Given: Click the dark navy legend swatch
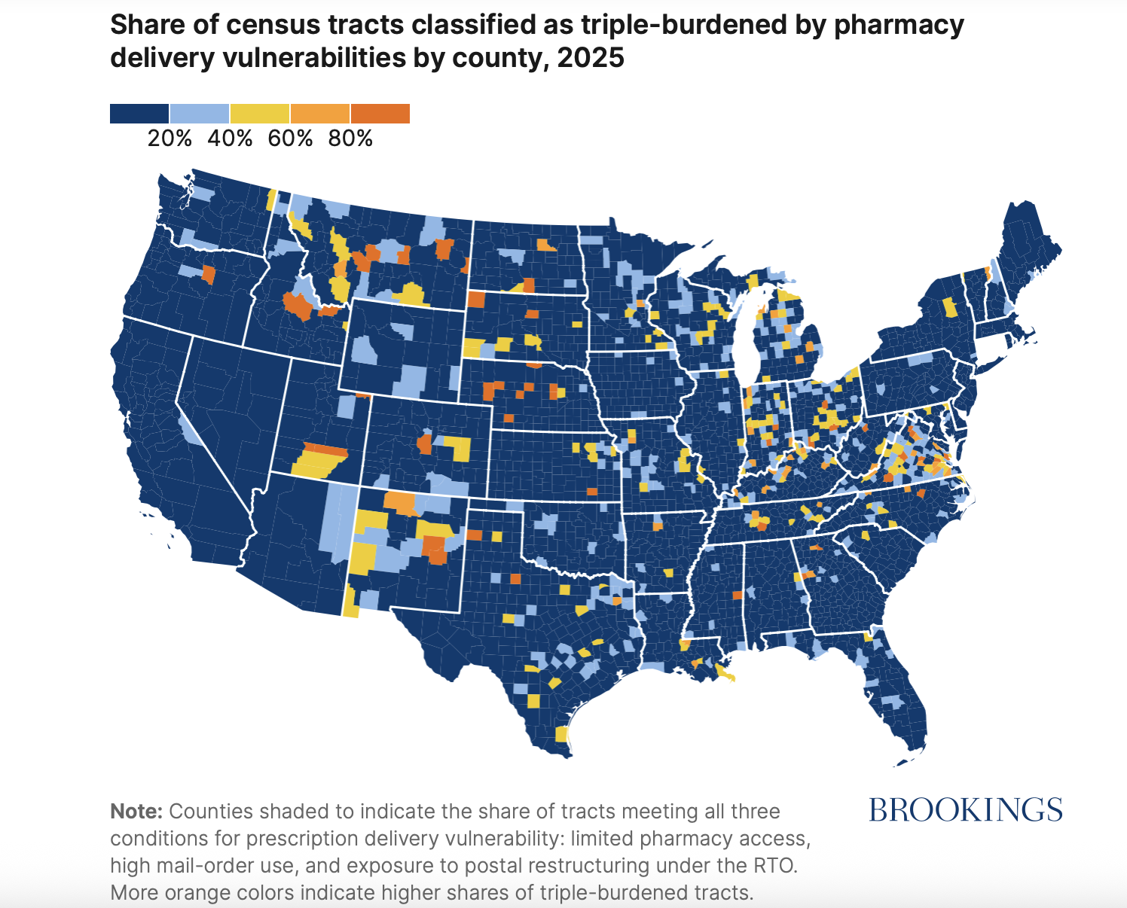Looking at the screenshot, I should tap(139, 114).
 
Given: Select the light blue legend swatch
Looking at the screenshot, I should tap(200, 114).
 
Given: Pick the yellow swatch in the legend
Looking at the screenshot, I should tap(260, 114).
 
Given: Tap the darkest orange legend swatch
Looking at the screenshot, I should tap(380, 114).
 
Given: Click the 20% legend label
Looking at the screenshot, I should tap(170, 139).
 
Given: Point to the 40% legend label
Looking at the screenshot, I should tap(230, 139).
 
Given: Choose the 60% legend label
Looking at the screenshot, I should tap(290, 139).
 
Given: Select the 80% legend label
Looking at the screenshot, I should tap(350, 139).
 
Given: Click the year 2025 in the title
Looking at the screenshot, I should tap(591, 58).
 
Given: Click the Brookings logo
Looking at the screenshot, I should tap(965, 810).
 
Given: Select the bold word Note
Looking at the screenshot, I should tap(136, 812).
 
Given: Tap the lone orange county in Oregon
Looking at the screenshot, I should tap(208, 276).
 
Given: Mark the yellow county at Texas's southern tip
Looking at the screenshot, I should tap(561, 734).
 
